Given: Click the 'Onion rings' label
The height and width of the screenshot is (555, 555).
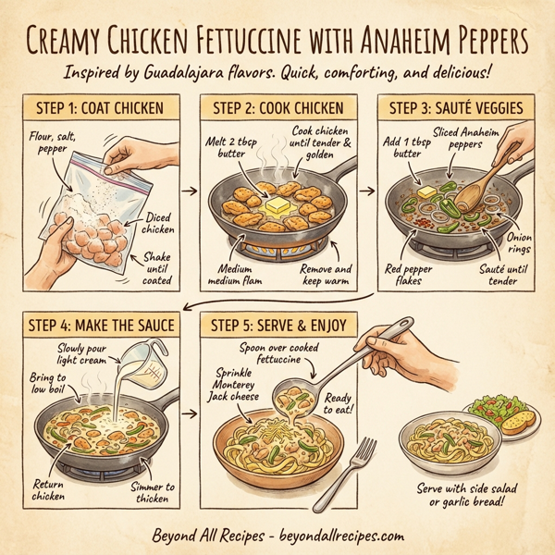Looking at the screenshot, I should click(517, 243).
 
